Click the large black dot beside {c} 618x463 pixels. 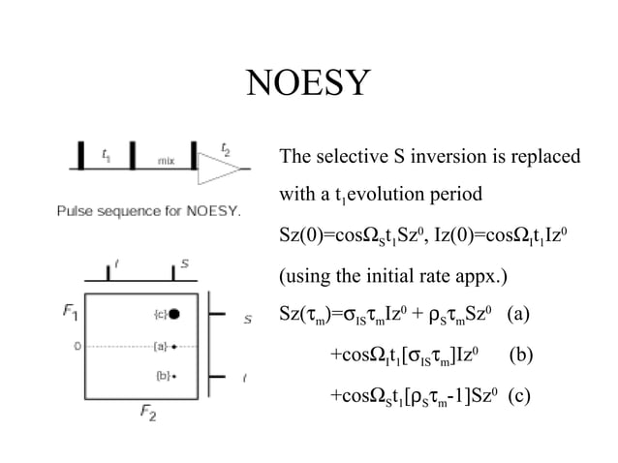(x=177, y=313)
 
